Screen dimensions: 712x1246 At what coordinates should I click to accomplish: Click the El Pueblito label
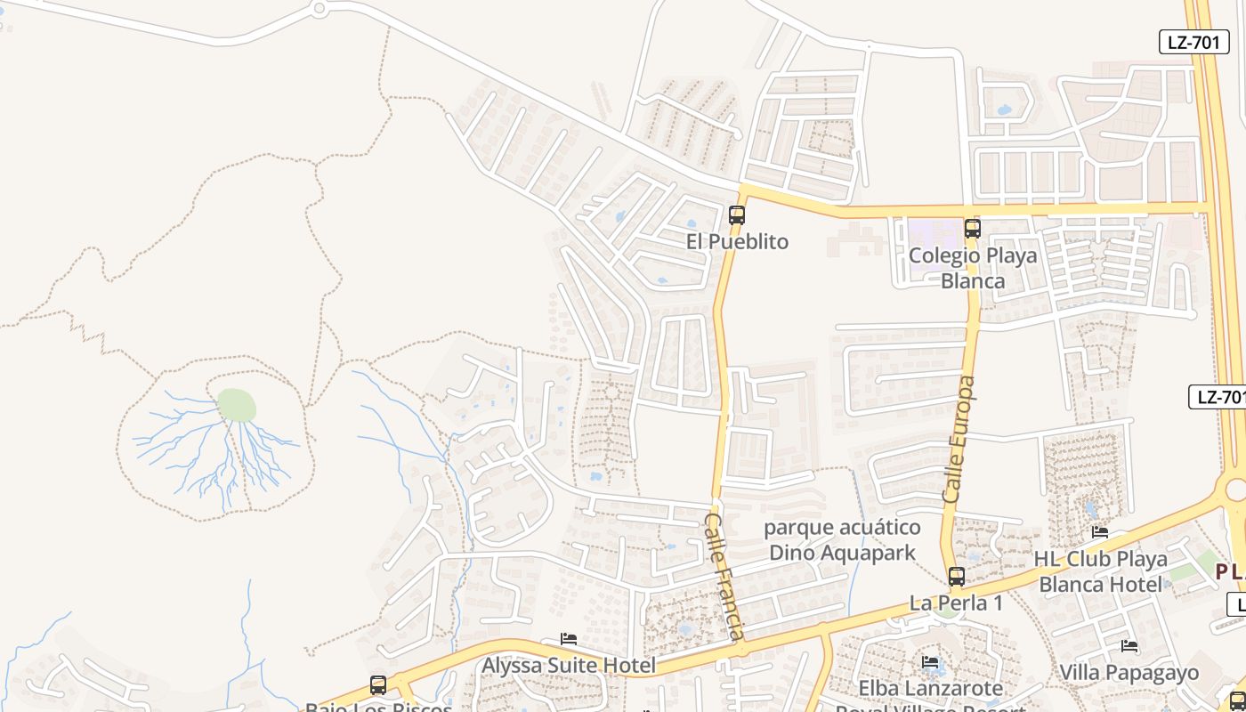(x=737, y=242)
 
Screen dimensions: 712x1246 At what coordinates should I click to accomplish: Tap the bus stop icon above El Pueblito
(x=736, y=214)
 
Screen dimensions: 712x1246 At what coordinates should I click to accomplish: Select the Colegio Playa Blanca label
(x=973, y=268)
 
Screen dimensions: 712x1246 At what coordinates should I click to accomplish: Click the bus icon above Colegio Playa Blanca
(x=973, y=229)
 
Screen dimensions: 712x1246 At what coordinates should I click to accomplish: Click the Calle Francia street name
(x=724, y=575)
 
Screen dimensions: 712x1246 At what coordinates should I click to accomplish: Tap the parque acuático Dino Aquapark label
(x=842, y=540)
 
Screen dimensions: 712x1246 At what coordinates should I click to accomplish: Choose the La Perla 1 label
(x=956, y=603)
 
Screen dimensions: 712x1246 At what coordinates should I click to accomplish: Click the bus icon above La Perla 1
(x=957, y=577)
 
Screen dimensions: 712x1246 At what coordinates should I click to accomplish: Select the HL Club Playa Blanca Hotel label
(x=1100, y=571)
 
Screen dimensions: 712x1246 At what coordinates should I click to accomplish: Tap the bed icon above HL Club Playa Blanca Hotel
(x=1100, y=532)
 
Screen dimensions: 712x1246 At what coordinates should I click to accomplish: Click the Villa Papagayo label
(x=1129, y=672)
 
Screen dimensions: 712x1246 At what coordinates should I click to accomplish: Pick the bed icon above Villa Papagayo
(x=1129, y=645)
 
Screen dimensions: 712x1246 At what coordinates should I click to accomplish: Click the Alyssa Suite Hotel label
(x=569, y=665)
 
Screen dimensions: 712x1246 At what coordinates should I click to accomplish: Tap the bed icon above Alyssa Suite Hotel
(x=569, y=639)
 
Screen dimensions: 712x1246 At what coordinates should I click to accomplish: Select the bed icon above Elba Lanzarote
(x=930, y=661)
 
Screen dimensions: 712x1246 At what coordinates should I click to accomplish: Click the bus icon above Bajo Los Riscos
(x=378, y=685)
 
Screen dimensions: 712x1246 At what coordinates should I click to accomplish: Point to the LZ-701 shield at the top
(x=1193, y=42)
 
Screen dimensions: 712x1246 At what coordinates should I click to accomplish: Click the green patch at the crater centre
(x=237, y=406)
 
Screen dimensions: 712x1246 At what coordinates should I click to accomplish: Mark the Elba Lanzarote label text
(x=930, y=688)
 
